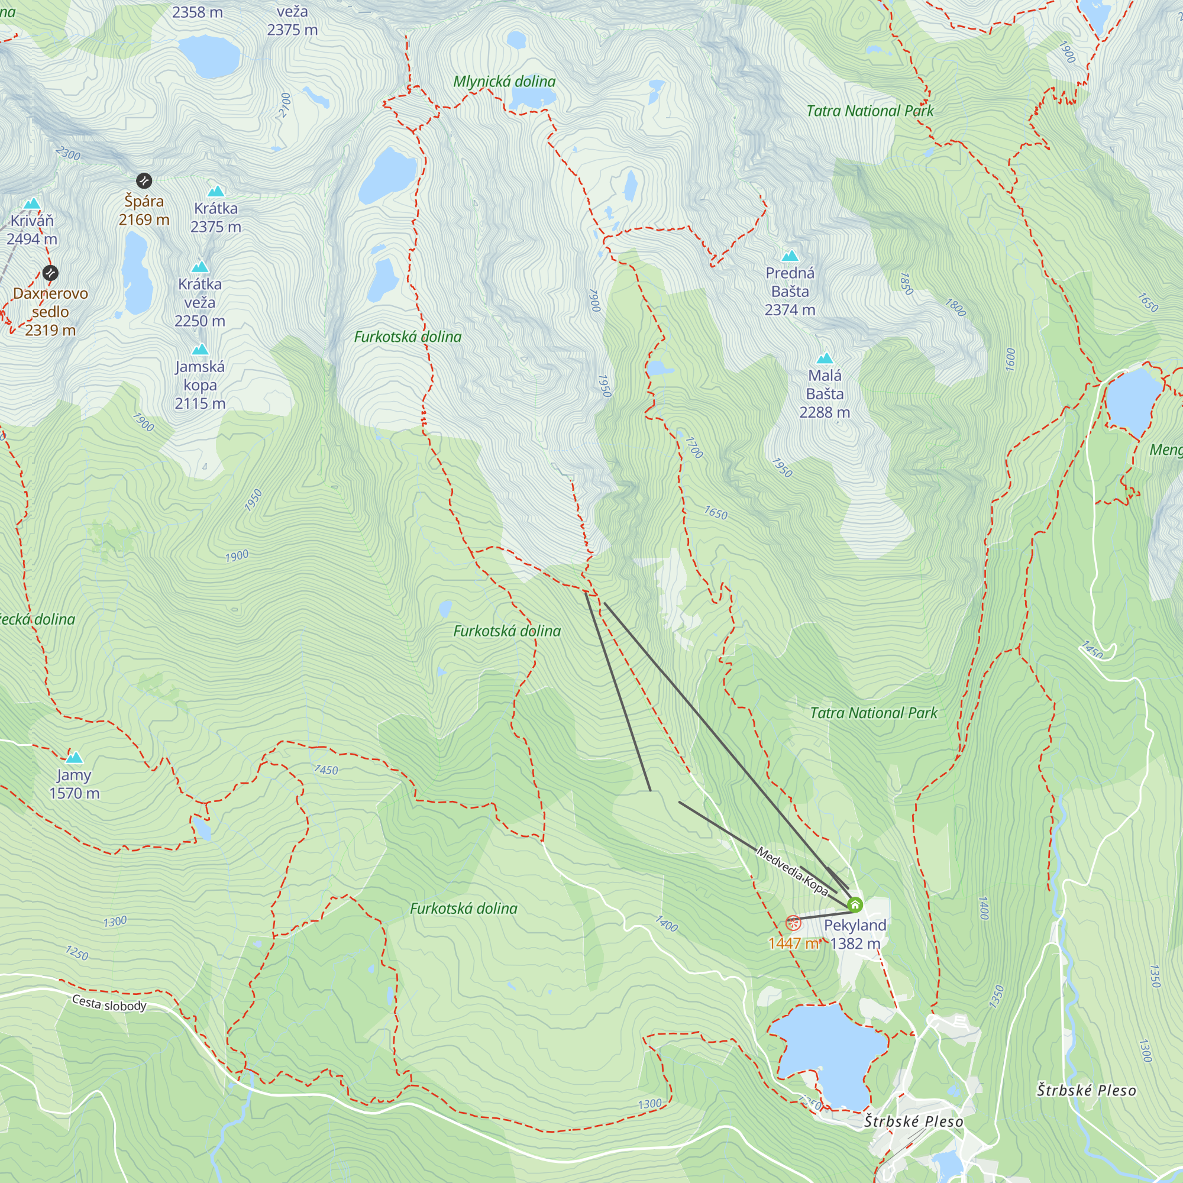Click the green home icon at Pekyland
(855, 904)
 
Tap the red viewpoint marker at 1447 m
(793, 923)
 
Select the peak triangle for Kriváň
(32, 204)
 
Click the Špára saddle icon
(143, 180)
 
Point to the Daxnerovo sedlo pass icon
(51, 273)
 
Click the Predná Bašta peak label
(790, 291)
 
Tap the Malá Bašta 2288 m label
(824, 394)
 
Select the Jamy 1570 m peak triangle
(74, 758)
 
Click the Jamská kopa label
(199, 384)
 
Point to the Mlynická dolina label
(504, 82)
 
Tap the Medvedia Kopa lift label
(792, 871)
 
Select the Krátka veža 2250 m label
(199, 302)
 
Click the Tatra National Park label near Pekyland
(873, 713)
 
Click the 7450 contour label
(326, 770)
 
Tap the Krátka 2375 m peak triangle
(215, 191)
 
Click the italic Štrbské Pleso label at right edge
(1086, 1090)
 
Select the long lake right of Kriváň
(136, 273)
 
